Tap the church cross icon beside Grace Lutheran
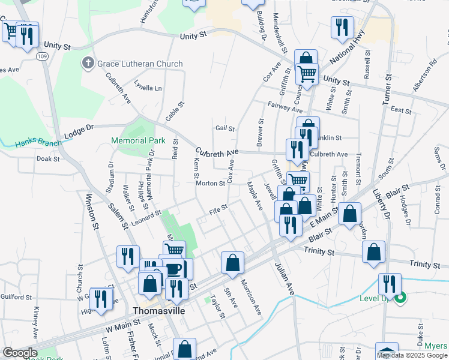click(x=88, y=63)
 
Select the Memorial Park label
click(x=137, y=140)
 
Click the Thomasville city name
click(x=158, y=311)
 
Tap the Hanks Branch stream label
click(x=37, y=143)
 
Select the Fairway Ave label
click(x=285, y=109)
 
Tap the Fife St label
click(x=218, y=209)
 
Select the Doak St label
click(x=47, y=159)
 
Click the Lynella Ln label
click(x=148, y=87)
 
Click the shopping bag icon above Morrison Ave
click(x=232, y=262)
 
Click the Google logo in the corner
click(x=19, y=353)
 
